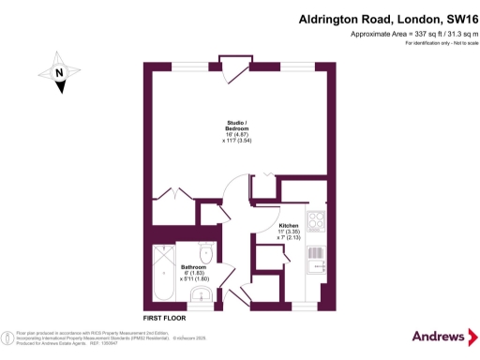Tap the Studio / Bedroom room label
coord(236,122)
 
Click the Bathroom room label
coord(194,267)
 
